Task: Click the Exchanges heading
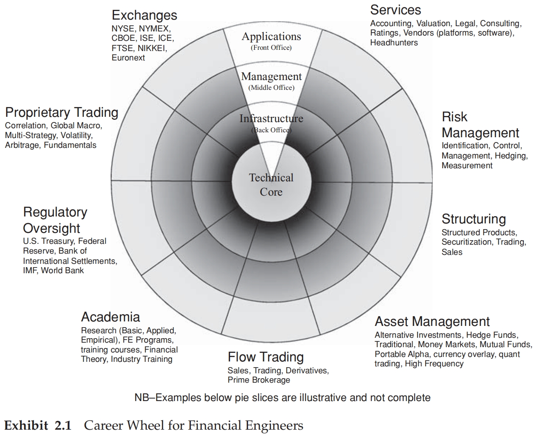[144, 16]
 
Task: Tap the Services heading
[395, 10]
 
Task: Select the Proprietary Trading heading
[62, 112]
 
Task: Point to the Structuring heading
[473, 219]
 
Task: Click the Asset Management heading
[432, 321]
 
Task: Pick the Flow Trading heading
[266, 357]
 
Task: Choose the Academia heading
[110, 317]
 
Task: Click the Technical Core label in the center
[271, 185]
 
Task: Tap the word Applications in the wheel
[271, 36]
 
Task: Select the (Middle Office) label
[271, 87]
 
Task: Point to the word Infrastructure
[271, 118]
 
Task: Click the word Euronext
[128, 58]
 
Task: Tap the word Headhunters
[394, 42]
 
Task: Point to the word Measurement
[467, 165]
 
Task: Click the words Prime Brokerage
[259, 380]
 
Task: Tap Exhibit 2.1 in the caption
[38, 426]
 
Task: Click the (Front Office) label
[271, 47]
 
